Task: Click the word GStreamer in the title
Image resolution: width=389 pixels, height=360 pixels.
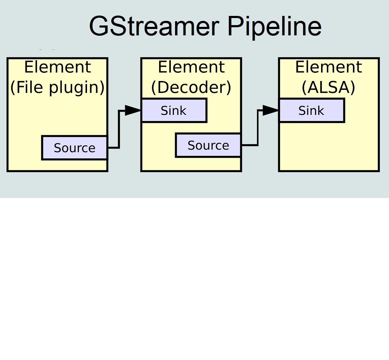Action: pos(154,27)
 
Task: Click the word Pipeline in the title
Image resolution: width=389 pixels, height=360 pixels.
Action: pos(274,27)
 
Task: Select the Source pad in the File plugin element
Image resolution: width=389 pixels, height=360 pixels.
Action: pos(75,148)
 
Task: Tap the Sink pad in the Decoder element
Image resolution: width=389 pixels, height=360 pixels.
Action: pos(174,111)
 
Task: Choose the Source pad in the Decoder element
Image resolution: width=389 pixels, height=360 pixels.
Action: pos(208,145)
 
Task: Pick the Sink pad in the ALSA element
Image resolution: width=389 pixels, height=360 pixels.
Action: pos(312,111)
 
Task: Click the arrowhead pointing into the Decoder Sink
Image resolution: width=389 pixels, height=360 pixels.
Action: pos(134,110)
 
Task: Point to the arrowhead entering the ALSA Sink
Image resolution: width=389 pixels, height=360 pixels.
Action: pos(271,110)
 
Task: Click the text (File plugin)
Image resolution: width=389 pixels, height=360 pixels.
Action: pos(57,87)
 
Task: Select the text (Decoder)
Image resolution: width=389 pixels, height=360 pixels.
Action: pos(191,87)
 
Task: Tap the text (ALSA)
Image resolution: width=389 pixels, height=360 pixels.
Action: pos(329,87)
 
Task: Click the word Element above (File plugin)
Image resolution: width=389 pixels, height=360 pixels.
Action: pos(57,67)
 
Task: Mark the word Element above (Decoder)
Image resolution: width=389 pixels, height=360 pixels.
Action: pos(191,67)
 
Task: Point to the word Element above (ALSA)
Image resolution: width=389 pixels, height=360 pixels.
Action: pos(329,67)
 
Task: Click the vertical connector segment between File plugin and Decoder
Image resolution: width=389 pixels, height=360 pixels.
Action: pos(119,129)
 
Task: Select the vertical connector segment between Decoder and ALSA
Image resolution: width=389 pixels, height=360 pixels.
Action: pos(258,128)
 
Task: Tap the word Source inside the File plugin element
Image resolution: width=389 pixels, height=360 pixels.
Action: pos(75,148)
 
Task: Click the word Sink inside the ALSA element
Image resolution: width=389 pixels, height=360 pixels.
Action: pos(311,111)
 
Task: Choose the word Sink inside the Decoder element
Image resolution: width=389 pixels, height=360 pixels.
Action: pos(173,111)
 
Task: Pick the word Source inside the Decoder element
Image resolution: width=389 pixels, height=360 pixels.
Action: pos(208,145)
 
